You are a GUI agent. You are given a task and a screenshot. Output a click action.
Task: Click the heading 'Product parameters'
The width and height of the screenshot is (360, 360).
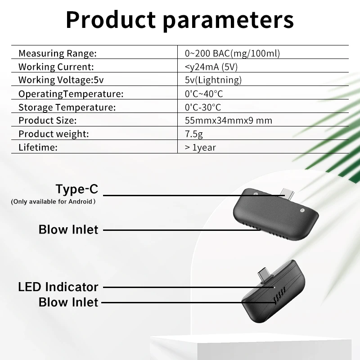(180, 20)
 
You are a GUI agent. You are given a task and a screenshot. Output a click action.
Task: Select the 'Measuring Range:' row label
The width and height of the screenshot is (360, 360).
(58, 53)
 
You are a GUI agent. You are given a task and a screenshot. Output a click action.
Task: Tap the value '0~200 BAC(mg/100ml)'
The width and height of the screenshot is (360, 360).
(232, 53)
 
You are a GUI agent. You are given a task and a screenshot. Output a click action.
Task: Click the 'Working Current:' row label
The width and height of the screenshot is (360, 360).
(56, 67)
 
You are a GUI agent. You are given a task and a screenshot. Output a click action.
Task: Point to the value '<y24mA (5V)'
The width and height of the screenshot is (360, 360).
(211, 67)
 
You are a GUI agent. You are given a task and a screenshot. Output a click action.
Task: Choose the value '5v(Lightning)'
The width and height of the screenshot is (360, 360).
(213, 80)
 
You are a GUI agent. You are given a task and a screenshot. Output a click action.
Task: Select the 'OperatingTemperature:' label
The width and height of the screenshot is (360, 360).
(71, 94)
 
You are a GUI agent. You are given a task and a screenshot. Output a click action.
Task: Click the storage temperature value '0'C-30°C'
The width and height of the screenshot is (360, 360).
(203, 107)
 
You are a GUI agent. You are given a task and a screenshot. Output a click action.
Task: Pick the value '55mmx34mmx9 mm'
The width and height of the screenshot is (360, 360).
(229, 120)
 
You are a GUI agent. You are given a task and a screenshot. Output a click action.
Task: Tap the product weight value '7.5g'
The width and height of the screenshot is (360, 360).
(194, 134)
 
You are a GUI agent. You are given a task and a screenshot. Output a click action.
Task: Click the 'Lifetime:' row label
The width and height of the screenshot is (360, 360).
(38, 148)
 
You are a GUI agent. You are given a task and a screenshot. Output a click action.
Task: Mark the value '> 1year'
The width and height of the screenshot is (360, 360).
(200, 148)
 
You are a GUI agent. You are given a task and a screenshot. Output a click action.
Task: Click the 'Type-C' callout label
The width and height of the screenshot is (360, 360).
(77, 189)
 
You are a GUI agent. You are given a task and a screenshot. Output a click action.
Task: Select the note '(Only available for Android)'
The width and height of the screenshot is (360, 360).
(53, 202)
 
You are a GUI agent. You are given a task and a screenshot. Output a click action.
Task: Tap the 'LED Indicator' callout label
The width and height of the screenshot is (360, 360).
(58, 287)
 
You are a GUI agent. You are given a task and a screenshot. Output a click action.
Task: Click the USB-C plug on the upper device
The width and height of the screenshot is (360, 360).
(287, 193)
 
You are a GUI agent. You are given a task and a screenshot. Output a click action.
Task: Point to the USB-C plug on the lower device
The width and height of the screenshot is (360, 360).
(264, 275)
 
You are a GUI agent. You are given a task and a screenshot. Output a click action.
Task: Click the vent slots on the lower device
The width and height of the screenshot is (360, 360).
(279, 296)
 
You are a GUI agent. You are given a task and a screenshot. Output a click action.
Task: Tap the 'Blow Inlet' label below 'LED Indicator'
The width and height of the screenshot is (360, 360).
(68, 302)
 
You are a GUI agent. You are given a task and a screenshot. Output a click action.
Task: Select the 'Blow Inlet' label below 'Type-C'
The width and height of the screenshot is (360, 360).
(68, 229)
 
